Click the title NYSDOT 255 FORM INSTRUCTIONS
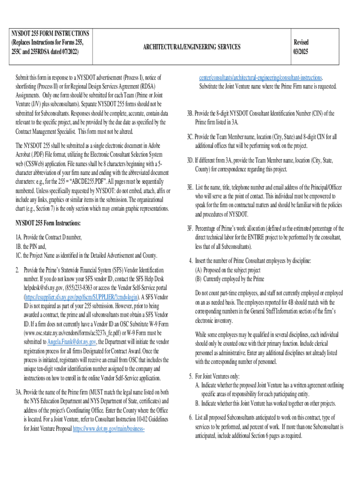click(x=50, y=34)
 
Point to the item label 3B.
click(x=190, y=113)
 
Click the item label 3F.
click(x=190, y=229)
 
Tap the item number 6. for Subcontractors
click(x=191, y=416)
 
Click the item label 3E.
click(x=190, y=187)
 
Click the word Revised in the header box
click(x=301, y=42)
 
